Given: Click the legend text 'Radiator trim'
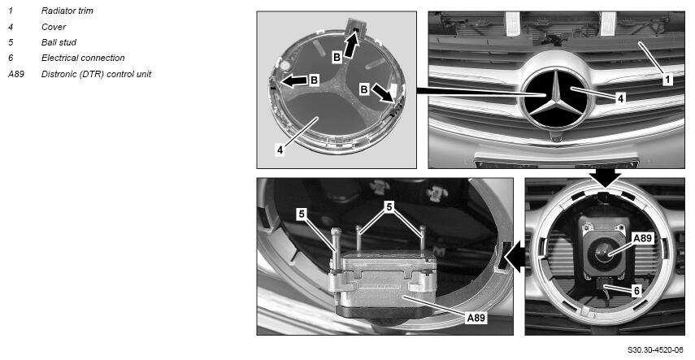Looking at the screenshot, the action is pyautogui.click(x=67, y=11).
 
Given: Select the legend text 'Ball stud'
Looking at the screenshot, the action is pyautogui.click(x=59, y=42).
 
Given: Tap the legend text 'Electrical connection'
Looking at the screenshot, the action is pyautogui.click(x=83, y=58).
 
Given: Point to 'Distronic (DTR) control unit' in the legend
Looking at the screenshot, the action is pyautogui.click(x=96, y=74).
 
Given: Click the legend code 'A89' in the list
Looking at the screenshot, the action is pyautogui.click(x=16, y=74).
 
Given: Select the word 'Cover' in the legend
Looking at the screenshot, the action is pyautogui.click(x=54, y=27).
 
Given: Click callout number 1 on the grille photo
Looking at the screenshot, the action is pyautogui.click(x=667, y=80).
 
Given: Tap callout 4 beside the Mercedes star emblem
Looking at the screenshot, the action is pyautogui.click(x=620, y=98).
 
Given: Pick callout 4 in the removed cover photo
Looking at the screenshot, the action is pyautogui.click(x=280, y=150).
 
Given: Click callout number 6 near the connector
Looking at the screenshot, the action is pyautogui.click(x=637, y=291).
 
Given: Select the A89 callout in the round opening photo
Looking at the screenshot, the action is pyautogui.click(x=642, y=239).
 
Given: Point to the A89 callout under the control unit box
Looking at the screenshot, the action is pyautogui.click(x=476, y=318).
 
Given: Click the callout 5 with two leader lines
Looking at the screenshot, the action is pyautogui.click(x=389, y=207).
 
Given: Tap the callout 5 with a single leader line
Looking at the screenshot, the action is pyautogui.click(x=302, y=215).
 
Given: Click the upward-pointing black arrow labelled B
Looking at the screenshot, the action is pyautogui.click(x=350, y=46).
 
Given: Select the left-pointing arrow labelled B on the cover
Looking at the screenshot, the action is pyautogui.click(x=294, y=80).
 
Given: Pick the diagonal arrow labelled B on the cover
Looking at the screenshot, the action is pyautogui.click(x=382, y=94).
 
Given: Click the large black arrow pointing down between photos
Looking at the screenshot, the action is pyautogui.click(x=605, y=178).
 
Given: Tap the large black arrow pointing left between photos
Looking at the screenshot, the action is pyautogui.click(x=515, y=257).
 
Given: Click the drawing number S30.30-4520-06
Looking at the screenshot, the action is pyautogui.click(x=655, y=349).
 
